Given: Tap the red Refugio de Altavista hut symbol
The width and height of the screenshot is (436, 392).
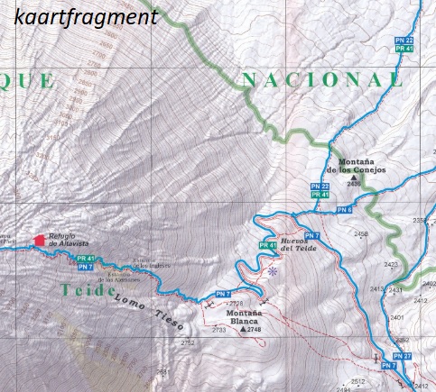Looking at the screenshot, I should coord(39,239).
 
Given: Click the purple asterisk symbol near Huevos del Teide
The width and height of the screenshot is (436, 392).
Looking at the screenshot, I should coord(272,269).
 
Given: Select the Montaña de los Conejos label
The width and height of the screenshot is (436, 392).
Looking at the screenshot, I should coord(356,166).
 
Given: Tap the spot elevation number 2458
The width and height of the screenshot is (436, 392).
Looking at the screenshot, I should coord(361,234).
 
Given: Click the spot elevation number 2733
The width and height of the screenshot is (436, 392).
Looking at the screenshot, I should coord(218,331).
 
